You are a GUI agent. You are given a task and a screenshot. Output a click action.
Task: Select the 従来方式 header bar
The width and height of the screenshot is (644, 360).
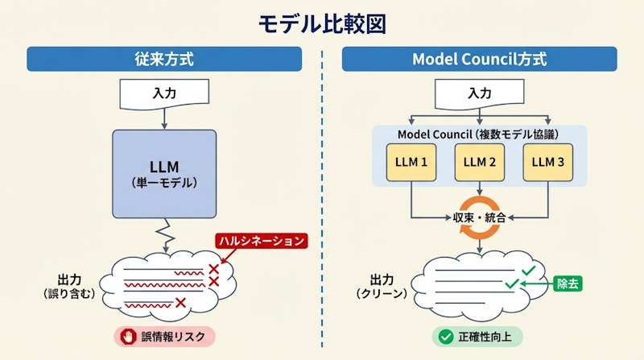164,59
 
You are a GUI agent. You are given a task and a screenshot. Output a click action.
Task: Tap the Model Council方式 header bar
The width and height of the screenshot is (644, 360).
480,59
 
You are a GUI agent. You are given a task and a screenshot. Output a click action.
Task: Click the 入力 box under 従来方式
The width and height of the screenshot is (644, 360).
164,93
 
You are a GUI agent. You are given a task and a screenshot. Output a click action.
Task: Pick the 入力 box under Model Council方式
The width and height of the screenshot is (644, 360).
480,93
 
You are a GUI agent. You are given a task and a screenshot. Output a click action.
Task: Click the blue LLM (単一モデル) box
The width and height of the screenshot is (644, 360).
164,174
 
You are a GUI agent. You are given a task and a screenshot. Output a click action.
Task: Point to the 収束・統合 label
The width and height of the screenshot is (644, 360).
480,217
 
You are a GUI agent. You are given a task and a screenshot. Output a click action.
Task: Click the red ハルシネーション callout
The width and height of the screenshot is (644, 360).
262,241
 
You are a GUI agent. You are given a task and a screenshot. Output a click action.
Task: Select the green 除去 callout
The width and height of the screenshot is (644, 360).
573,283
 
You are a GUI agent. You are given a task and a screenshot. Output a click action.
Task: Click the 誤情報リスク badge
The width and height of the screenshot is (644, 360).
164,337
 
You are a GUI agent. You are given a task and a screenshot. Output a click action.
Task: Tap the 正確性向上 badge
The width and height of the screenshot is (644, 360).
480,337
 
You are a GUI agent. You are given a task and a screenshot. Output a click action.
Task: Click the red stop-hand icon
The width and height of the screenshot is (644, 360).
129,337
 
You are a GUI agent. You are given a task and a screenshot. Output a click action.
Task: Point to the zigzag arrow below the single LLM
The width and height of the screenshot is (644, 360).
165,234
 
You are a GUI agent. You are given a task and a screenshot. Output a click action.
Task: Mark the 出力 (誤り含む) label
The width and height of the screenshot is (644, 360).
69,287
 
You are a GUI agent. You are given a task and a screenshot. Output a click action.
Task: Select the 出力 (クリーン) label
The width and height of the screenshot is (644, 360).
383,287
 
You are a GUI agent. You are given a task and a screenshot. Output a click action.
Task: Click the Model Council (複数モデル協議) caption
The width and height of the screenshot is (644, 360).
480,133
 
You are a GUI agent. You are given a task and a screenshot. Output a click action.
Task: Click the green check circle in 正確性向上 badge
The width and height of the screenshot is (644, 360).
444,337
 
